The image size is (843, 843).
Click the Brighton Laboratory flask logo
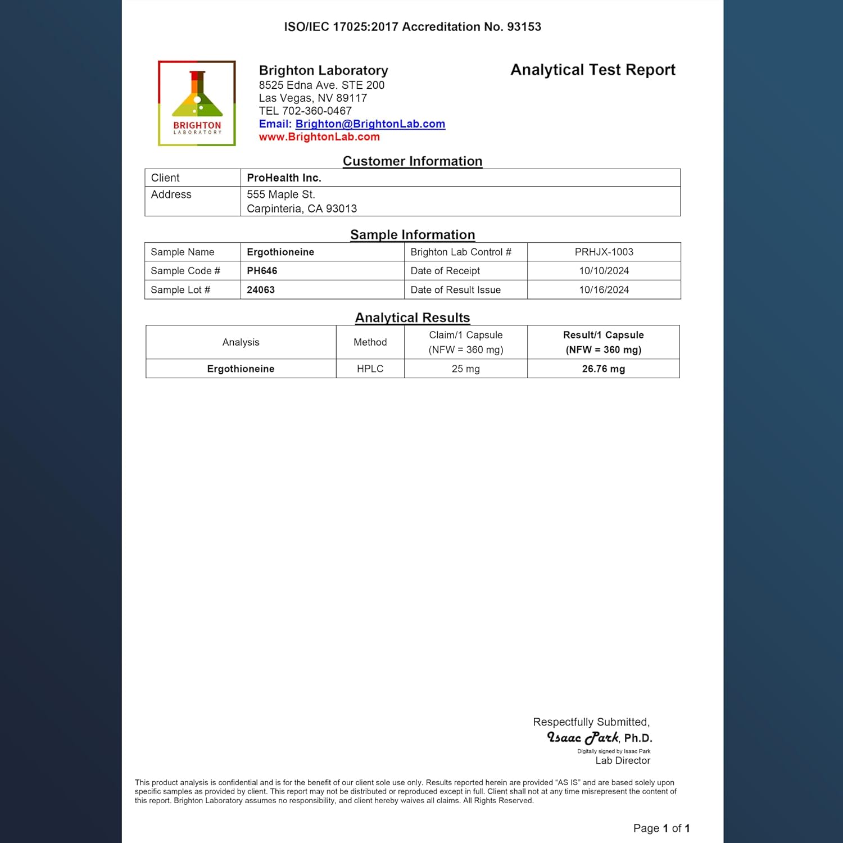click(197, 103)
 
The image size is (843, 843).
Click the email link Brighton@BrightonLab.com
click(370, 124)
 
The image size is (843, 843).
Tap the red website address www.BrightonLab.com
click(319, 137)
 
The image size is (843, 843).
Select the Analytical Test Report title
click(592, 70)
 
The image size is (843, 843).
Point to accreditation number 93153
click(524, 27)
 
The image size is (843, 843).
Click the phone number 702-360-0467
click(317, 111)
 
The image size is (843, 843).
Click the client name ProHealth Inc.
click(284, 178)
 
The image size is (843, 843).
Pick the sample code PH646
click(262, 271)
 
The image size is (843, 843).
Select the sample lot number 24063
click(261, 290)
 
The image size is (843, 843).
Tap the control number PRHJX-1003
click(604, 252)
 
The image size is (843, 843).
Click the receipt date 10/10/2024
click(604, 271)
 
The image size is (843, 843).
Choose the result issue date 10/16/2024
click(604, 290)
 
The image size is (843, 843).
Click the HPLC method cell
click(370, 369)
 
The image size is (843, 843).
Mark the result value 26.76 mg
click(603, 369)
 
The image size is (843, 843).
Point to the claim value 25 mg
click(465, 369)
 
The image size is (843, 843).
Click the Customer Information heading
click(413, 161)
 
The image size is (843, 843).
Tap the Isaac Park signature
click(583, 737)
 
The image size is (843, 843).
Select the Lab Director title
click(623, 761)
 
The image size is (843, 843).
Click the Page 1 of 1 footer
click(661, 828)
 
